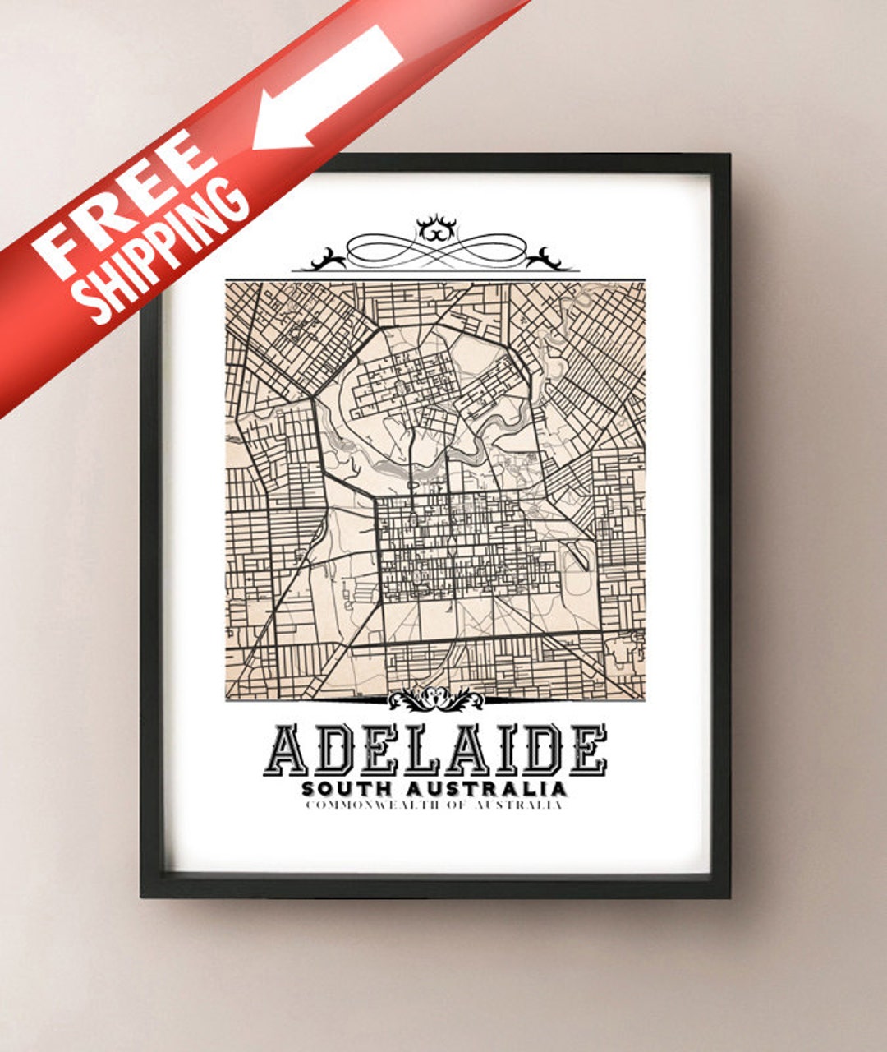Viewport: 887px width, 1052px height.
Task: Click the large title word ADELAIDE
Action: (x=435, y=750)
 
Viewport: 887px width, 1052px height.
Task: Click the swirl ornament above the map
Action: (x=435, y=245)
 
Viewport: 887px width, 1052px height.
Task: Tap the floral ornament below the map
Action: (x=435, y=699)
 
